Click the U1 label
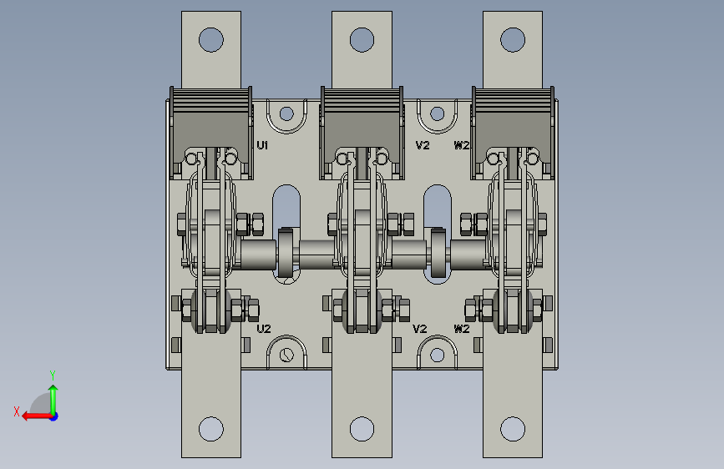(262, 145)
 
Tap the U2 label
(264, 329)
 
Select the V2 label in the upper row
(423, 145)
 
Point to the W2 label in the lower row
(462, 329)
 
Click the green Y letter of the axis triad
(53, 375)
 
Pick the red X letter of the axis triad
(17, 411)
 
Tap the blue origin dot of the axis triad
(54, 416)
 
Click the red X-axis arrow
(37, 416)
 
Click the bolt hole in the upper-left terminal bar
(211, 40)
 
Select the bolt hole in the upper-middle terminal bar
(362, 40)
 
